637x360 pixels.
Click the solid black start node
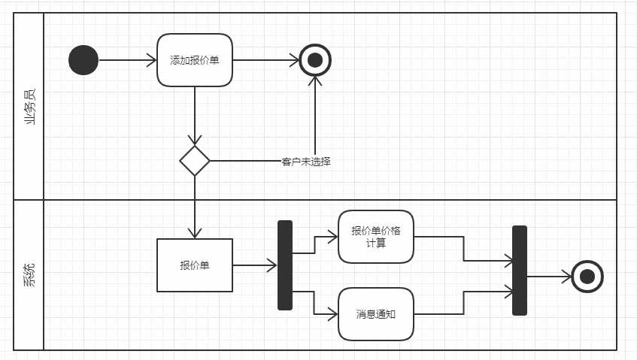pyautogui.click(x=83, y=60)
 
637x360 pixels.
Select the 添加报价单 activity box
pyautogui.click(x=194, y=60)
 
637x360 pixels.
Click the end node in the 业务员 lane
pyautogui.click(x=315, y=60)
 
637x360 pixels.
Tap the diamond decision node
pyautogui.click(x=195, y=161)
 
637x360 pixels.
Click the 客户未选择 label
pyautogui.click(x=305, y=162)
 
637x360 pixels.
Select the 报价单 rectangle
pyautogui.click(x=195, y=265)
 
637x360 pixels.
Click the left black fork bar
pyautogui.click(x=285, y=265)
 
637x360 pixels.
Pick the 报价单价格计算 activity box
pyautogui.click(x=376, y=237)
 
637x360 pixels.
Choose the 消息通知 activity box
pyautogui.click(x=376, y=314)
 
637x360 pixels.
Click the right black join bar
pyautogui.click(x=520, y=271)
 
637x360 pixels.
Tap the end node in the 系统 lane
pyautogui.click(x=587, y=277)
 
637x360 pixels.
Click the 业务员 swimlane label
pyautogui.click(x=29, y=106)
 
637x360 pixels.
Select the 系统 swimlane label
pyautogui.click(x=29, y=275)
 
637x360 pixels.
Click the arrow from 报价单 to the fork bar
pyautogui.click(x=254, y=265)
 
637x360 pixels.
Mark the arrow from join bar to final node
pyautogui.click(x=548, y=277)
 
